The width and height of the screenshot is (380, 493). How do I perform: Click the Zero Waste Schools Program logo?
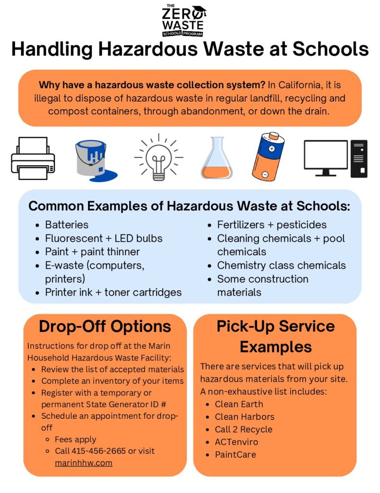tap(184, 20)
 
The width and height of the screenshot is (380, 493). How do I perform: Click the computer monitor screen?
tap(326, 155)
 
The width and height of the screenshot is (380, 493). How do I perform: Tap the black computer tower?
tap(359, 158)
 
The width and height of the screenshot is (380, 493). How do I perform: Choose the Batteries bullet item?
tap(67, 225)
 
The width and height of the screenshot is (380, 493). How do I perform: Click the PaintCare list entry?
tap(235, 454)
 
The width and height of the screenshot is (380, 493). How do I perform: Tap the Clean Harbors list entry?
tap(245, 416)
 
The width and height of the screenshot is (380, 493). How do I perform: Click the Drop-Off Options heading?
tap(105, 326)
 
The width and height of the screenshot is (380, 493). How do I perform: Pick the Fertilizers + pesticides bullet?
tap(271, 225)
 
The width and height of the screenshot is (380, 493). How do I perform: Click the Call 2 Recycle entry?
tap(243, 429)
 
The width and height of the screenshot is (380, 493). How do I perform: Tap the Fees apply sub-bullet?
tap(75, 439)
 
